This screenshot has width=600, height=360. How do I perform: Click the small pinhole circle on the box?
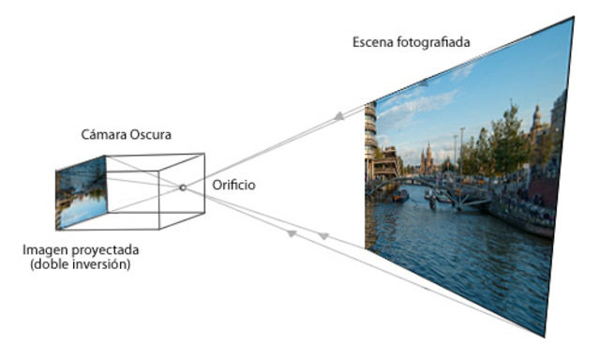183,187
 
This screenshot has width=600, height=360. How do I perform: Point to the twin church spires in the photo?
427,157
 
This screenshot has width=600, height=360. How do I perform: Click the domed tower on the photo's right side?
537,120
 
